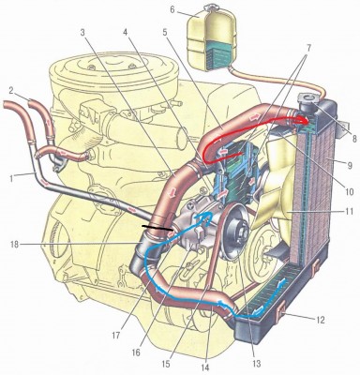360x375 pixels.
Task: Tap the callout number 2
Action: pyautogui.click(x=10, y=91)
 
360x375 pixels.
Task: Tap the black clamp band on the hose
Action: pyautogui.click(x=157, y=229)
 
